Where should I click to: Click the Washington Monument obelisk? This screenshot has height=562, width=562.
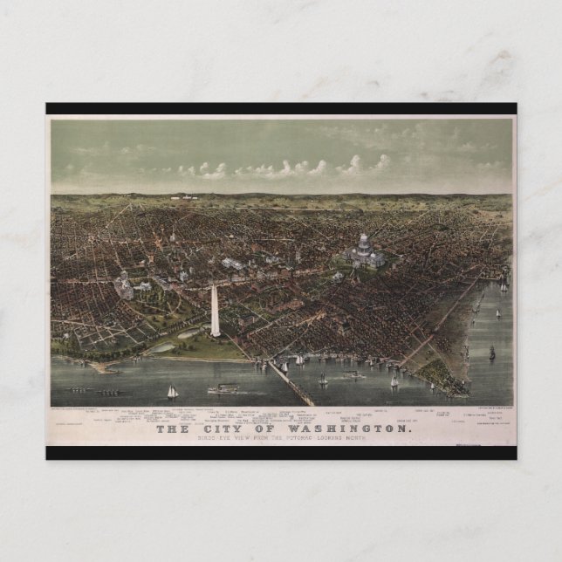(215, 311)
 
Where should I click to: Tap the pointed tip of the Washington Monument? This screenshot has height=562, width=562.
(215, 285)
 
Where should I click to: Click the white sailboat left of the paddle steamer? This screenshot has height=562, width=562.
(172, 392)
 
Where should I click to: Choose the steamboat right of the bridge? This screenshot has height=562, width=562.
(353, 375)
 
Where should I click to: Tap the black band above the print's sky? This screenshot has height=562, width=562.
(281, 109)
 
